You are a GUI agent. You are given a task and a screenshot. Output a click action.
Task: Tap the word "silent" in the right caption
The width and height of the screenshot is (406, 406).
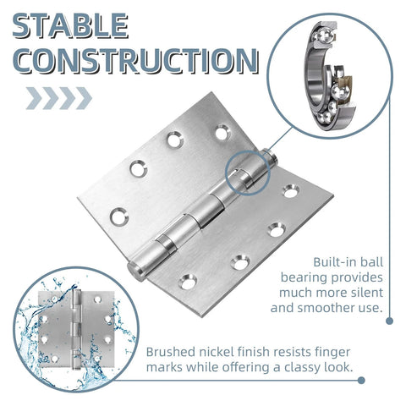point(365,293)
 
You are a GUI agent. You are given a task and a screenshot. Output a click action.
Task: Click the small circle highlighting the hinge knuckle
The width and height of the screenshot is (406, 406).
point(247,172)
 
